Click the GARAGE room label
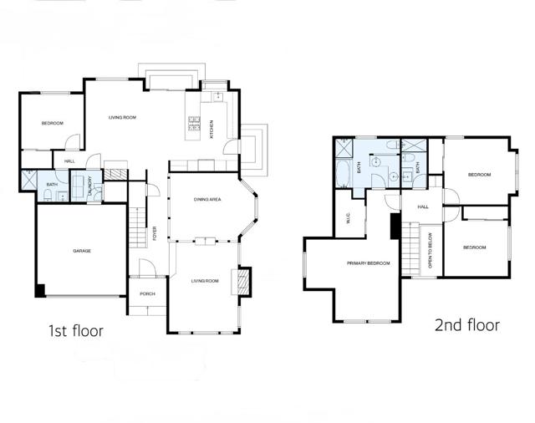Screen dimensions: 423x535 click(x=81, y=251)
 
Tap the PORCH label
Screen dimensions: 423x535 click(x=147, y=293)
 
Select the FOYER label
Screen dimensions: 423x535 click(x=155, y=234)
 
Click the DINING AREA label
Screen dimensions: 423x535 click(x=206, y=199)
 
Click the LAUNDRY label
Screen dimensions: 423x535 click(x=90, y=186)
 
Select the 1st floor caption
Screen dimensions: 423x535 click(x=75, y=331)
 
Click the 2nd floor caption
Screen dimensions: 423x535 click(x=466, y=325)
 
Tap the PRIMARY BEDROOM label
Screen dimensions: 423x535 click(x=369, y=264)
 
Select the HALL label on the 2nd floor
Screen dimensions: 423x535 click(x=423, y=206)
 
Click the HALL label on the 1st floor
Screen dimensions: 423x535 click(x=69, y=161)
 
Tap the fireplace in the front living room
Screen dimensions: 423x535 click(x=243, y=279)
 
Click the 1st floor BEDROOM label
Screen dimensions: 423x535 click(x=53, y=124)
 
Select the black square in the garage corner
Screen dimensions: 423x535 click(x=39, y=291)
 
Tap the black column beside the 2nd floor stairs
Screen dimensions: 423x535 click(x=395, y=227)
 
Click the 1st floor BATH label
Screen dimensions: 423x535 click(x=51, y=185)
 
